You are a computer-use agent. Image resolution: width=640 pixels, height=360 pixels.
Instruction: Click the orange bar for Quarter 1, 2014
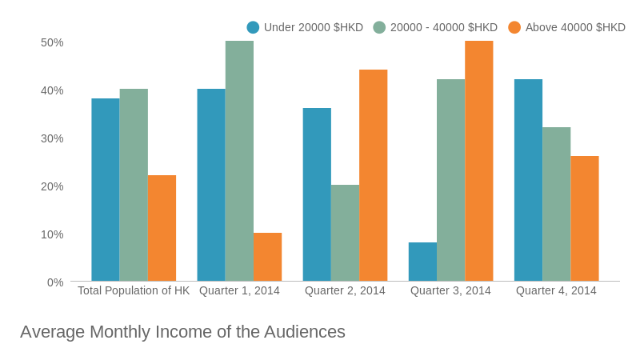tap(267, 257)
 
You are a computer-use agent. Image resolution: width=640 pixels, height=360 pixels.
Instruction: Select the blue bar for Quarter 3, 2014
tap(422, 262)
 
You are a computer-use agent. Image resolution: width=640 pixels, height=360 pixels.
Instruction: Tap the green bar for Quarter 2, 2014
tap(345, 233)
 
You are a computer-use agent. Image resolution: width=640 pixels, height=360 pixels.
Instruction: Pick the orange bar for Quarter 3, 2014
tap(478, 161)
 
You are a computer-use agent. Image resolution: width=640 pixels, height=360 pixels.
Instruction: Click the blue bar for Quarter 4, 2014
tap(528, 180)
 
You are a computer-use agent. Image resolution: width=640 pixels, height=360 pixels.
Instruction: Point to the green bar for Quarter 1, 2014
tap(239, 161)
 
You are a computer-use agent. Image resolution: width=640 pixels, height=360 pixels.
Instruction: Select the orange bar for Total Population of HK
tap(162, 228)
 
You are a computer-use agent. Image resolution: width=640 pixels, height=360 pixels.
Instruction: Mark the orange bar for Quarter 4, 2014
tap(584, 218)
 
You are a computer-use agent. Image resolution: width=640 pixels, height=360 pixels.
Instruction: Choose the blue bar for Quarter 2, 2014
tap(317, 194)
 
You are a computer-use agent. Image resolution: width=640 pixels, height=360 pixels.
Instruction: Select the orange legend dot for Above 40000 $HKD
tap(514, 27)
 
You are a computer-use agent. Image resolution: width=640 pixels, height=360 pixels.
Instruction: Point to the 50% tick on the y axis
tap(52, 42)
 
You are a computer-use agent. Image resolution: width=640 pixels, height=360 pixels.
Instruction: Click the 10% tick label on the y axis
tap(52, 234)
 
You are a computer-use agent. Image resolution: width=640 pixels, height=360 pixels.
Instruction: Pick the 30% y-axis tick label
tap(52, 138)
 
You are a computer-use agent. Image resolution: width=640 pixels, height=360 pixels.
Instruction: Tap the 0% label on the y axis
tap(55, 282)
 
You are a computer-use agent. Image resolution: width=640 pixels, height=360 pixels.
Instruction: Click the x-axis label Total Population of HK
tap(134, 290)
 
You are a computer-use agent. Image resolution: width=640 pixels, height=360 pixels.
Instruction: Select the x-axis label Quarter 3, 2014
tap(450, 290)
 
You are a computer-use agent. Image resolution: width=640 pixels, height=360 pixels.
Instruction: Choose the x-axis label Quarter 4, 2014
tap(556, 290)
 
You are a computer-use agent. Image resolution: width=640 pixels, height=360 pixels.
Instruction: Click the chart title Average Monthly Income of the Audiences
tap(182, 332)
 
